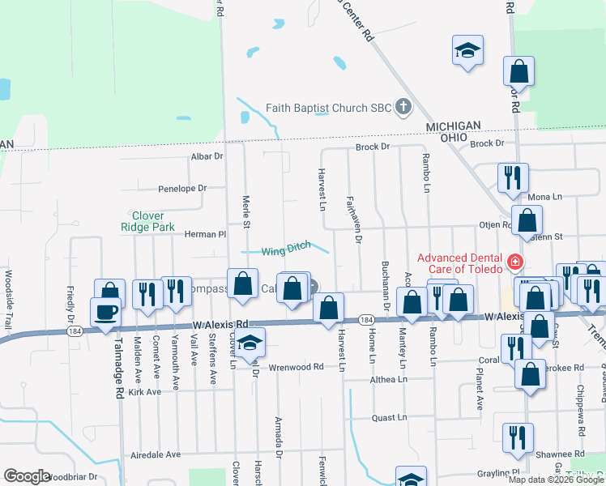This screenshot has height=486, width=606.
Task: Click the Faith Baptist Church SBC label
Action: point(328,108)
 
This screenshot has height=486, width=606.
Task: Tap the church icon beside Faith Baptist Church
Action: point(402,108)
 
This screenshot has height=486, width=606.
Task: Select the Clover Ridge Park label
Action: point(148,222)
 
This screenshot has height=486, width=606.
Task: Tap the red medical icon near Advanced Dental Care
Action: point(514,262)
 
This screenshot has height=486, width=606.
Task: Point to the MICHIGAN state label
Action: point(453,126)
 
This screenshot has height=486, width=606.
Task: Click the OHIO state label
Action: point(453,138)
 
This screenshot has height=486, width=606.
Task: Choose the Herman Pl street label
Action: point(205,234)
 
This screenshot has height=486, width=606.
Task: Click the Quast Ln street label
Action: point(389,417)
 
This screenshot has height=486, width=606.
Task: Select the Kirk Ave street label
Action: point(145,391)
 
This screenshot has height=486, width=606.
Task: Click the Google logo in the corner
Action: point(27,476)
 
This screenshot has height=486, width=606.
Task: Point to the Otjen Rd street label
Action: point(496,226)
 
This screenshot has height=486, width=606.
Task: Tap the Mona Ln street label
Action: point(544,197)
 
